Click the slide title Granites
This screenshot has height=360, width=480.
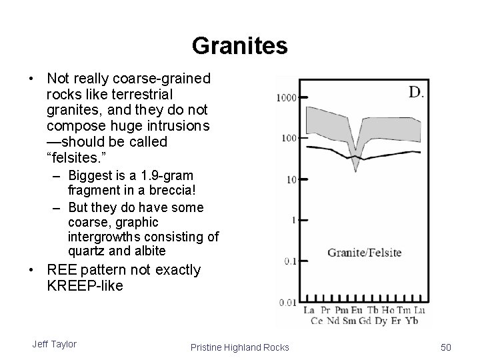[239, 46]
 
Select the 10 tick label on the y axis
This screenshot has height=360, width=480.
[290, 179]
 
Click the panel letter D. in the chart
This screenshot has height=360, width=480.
[415, 92]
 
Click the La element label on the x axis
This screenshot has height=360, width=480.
[309, 311]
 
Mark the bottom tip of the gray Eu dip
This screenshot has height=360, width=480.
[356, 170]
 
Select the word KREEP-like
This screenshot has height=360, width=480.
[85, 286]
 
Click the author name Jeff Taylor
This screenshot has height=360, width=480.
[54, 344]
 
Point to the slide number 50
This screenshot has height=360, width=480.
[446, 347]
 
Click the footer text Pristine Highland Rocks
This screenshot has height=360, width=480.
[240, 347]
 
